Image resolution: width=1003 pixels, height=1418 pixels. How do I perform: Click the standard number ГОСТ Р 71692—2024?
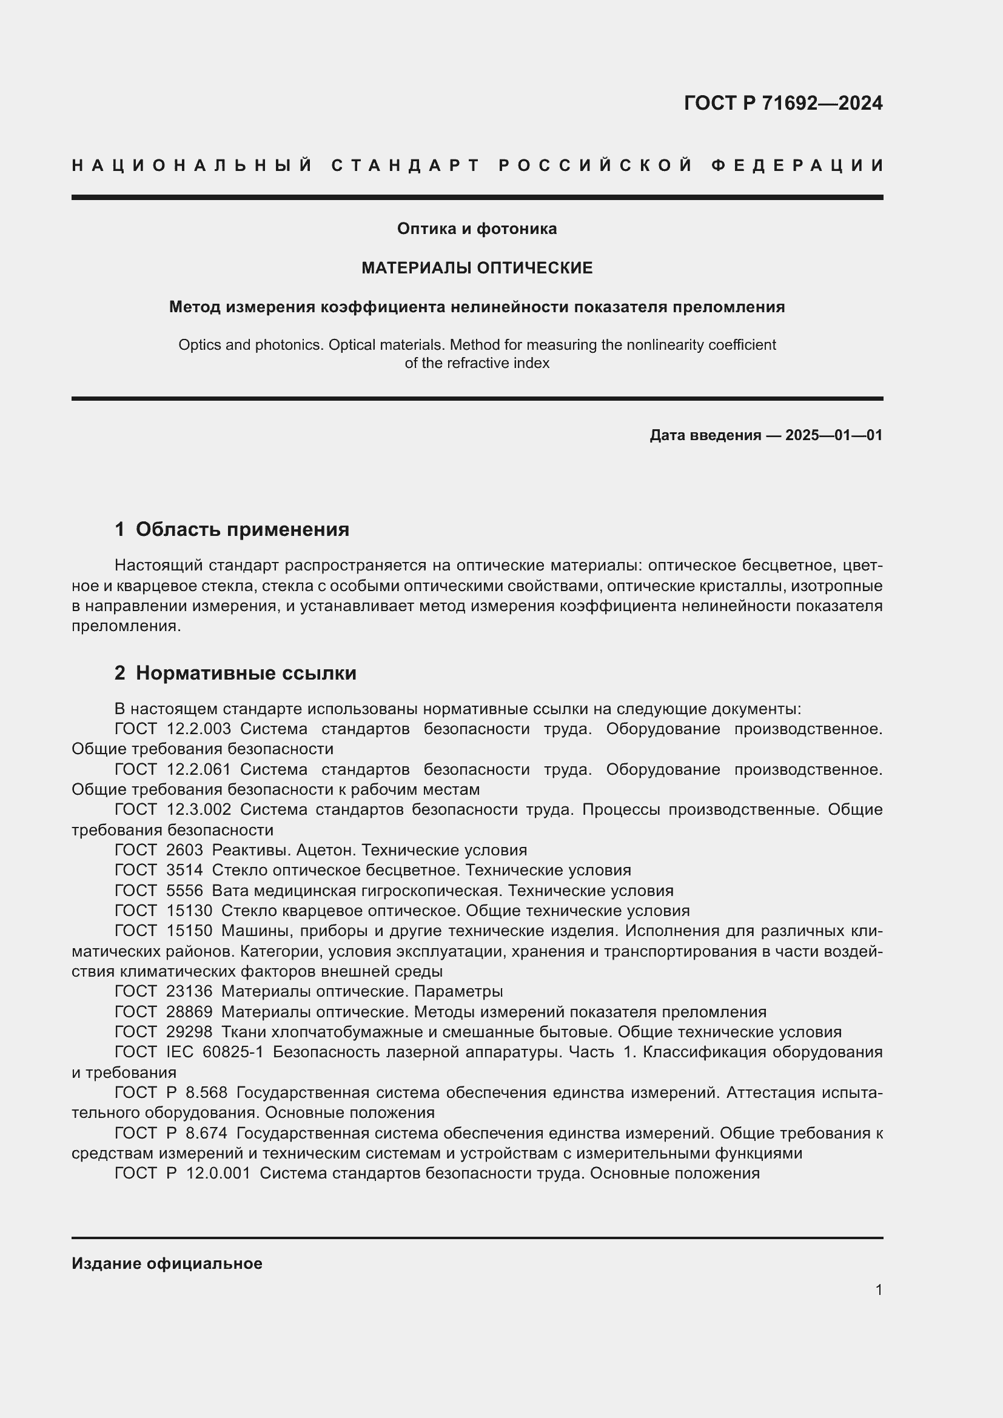coord(782,102)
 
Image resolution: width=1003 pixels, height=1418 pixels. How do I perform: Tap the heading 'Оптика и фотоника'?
coord(477,229)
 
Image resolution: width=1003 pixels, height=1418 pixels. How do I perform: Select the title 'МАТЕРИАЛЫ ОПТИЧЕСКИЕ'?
coord(477,267)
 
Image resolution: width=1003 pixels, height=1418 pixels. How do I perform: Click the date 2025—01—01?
coord(833,435)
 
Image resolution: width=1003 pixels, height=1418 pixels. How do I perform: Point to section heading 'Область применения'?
coord(242,529)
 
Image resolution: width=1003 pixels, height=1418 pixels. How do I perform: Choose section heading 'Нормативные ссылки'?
coord(246,673)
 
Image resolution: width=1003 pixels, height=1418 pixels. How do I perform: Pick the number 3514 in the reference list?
coord(184,870)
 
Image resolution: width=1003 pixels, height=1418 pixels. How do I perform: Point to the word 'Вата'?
coord(229,891)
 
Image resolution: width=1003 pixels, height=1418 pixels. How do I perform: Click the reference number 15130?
coord(189,911)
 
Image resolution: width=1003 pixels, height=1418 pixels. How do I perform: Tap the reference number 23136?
coord(189,991)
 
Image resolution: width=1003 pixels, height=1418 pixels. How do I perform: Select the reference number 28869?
coord(189,1012)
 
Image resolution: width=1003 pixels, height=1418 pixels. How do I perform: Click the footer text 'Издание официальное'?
coord(167,1263)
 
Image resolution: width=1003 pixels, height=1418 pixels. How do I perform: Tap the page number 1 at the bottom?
coord(878,1290)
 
